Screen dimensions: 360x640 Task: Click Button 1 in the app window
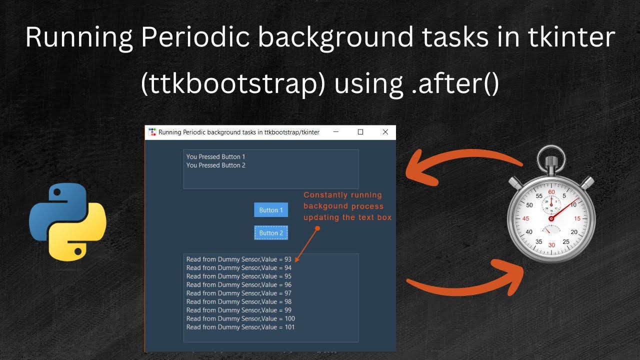270,210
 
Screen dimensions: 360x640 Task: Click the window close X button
385,132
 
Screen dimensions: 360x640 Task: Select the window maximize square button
360,132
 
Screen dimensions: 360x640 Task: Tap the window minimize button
336,132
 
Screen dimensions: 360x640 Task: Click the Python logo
67,221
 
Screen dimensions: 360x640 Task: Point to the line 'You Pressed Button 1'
215,157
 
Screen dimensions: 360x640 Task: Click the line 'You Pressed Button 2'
215,165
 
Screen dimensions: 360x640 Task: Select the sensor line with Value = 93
238,259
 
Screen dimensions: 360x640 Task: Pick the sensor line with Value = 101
240,327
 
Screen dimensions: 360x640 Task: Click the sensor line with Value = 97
238,293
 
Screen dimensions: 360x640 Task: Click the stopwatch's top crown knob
551,161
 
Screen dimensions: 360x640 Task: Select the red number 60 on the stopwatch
551,192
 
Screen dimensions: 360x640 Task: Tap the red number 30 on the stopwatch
551,245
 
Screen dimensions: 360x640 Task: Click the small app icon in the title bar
152,132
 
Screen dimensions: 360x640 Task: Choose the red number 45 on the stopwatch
525,219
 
